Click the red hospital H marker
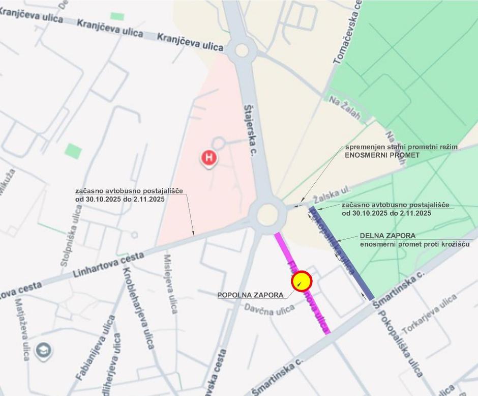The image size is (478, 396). click(x=208, y=157)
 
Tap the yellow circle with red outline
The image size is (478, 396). click(x=301, y=280)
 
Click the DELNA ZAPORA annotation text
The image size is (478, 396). click(x=387, y=236)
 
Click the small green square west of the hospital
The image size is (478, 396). click(x=73, y=151)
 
